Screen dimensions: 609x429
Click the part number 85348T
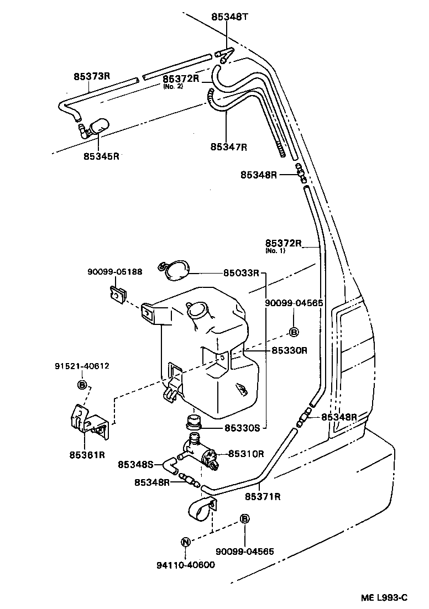click(230, 17)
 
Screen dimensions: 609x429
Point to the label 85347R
click(228, 147)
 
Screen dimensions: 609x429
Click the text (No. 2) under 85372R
click(172, 86)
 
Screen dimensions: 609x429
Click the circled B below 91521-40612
click(81, 385)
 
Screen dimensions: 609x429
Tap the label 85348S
click(136, 465)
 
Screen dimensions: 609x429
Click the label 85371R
click(263, 496)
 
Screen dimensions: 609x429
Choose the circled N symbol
click(186, 542)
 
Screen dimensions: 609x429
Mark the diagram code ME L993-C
click(384, 597)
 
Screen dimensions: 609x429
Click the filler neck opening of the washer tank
click(198, 312)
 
